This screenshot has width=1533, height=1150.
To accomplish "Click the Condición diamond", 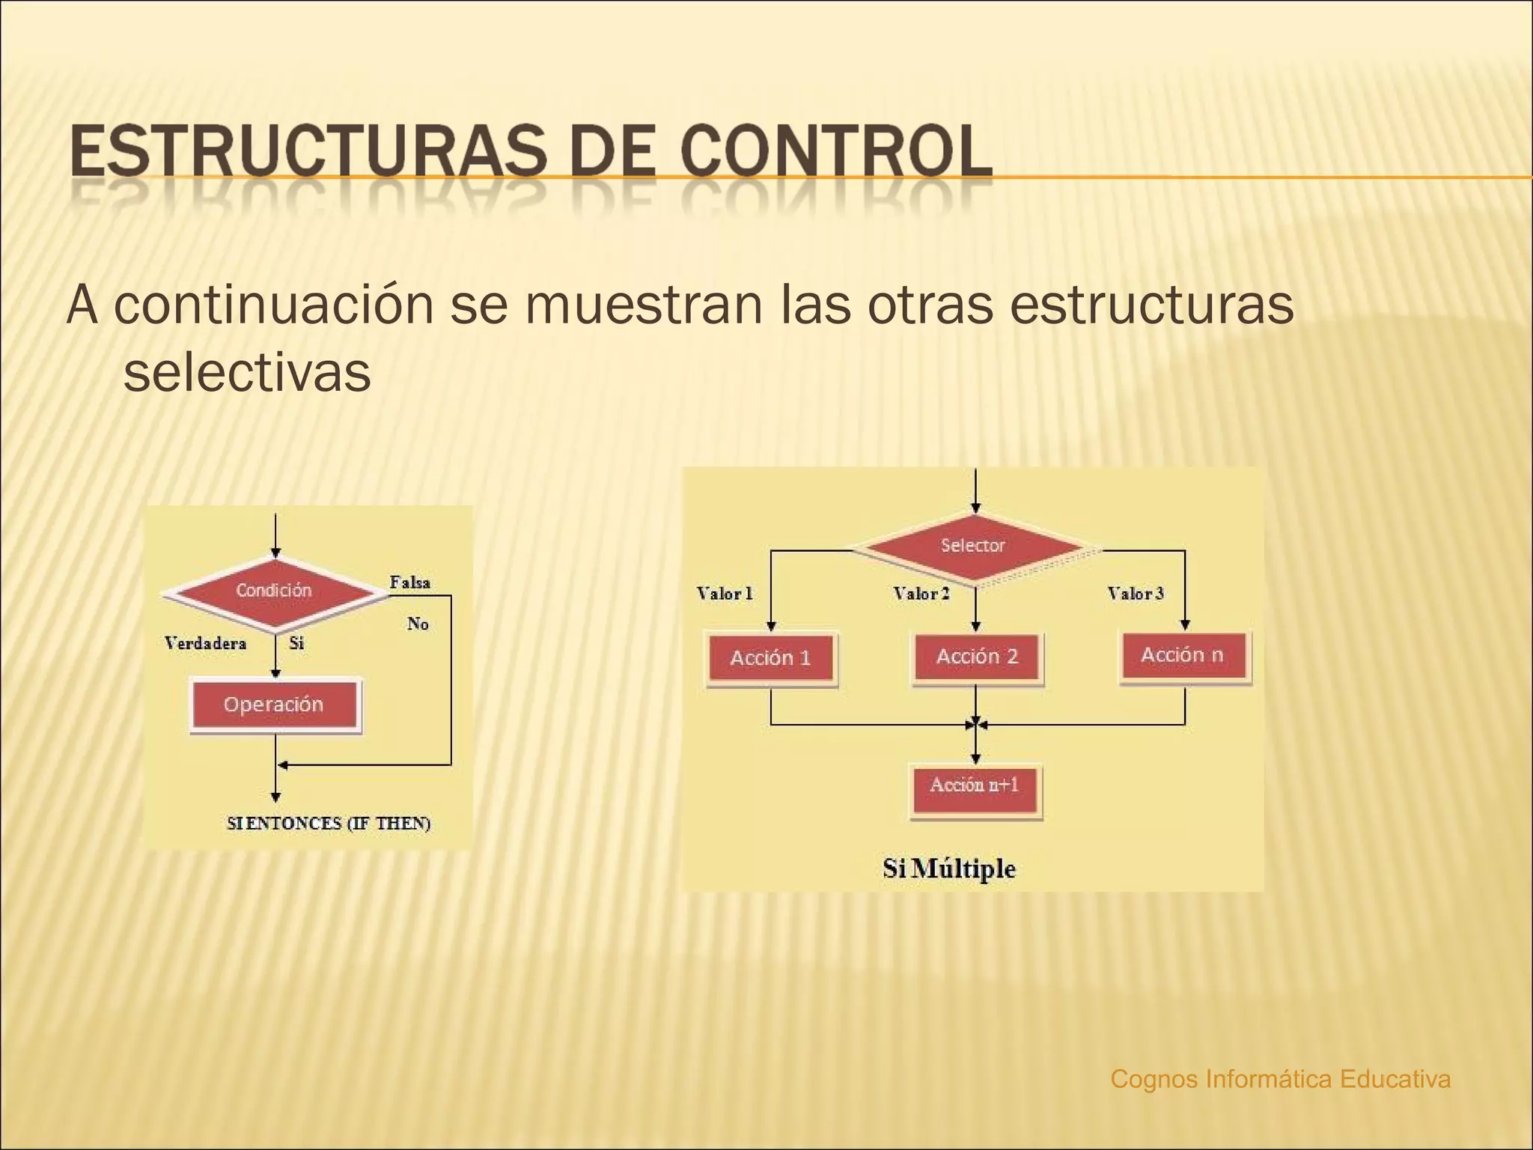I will click(274, 591).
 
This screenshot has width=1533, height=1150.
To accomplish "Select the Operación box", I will click(274, 705).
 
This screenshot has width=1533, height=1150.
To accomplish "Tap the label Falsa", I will click(410, 582).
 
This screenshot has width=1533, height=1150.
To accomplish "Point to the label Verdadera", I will click(205, 643).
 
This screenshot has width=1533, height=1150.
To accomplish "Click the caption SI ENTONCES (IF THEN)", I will click(329, 823).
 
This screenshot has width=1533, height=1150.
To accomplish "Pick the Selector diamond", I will click(973, 546).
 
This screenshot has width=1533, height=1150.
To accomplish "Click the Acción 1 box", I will click(771, 658).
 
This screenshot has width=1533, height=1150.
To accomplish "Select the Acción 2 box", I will click(977, 657).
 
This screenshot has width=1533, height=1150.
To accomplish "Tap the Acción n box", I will click(1183, 655).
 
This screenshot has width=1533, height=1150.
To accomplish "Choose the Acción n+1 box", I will click(975, 786).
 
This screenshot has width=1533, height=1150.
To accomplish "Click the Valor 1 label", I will click(725, 594).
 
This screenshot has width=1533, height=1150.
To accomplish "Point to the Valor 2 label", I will click(921, 594).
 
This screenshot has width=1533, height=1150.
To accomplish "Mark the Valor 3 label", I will click(1136, 594).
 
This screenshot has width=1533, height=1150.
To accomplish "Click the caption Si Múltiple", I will click(949, 868).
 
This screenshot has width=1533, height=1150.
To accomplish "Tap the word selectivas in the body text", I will click(247, 372).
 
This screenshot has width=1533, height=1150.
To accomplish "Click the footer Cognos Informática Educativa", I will click(1281, 1079).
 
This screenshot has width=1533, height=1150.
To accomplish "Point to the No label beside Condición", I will click(418, 624).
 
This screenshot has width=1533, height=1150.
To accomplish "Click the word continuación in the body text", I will click(274, 305).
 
